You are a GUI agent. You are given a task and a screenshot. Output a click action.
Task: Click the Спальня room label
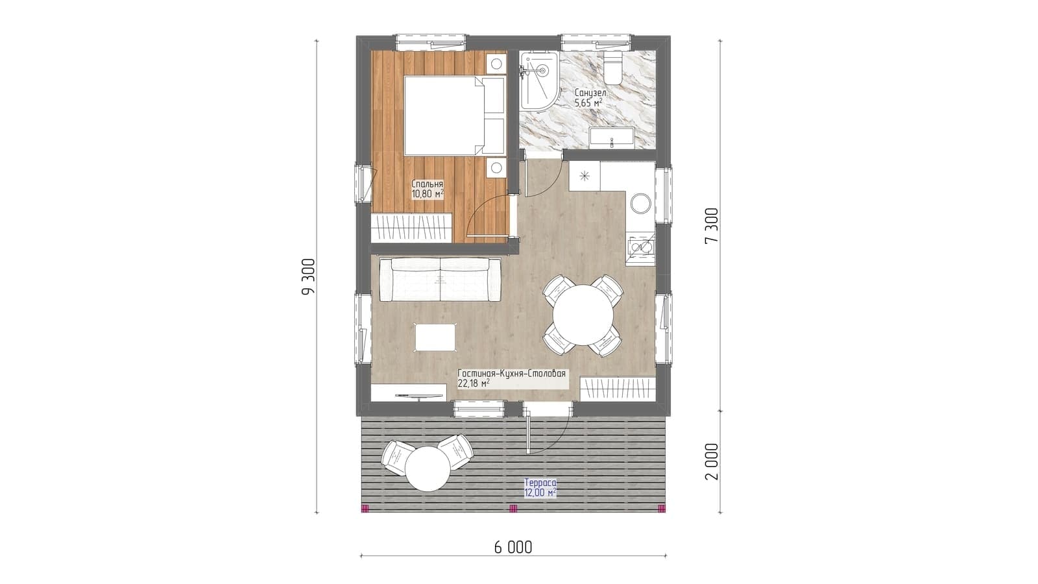point(428,184)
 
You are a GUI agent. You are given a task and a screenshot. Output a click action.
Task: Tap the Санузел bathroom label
point(590,93)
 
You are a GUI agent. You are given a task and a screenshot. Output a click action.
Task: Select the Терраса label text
point(540,483)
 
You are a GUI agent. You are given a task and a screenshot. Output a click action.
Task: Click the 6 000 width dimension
point(513,548)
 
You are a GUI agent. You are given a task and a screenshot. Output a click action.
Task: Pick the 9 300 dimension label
point(308,276)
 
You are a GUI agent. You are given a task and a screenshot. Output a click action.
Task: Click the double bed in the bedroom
point(454,116)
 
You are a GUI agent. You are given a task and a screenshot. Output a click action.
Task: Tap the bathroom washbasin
point(612,138)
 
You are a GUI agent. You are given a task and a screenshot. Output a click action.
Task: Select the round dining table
point(583,315)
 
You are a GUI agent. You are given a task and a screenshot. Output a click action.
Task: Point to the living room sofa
point(441,280)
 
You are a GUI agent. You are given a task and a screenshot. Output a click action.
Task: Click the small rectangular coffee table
point(435,337)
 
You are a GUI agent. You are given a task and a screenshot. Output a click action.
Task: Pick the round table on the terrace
point(429,468)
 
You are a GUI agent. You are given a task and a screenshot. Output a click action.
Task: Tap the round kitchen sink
point(640,204)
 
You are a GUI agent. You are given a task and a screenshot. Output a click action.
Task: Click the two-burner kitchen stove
point(640,247)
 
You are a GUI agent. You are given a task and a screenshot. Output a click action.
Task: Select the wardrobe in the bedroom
point(411,228)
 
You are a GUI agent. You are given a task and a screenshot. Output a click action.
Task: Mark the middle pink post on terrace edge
point(513,509)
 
